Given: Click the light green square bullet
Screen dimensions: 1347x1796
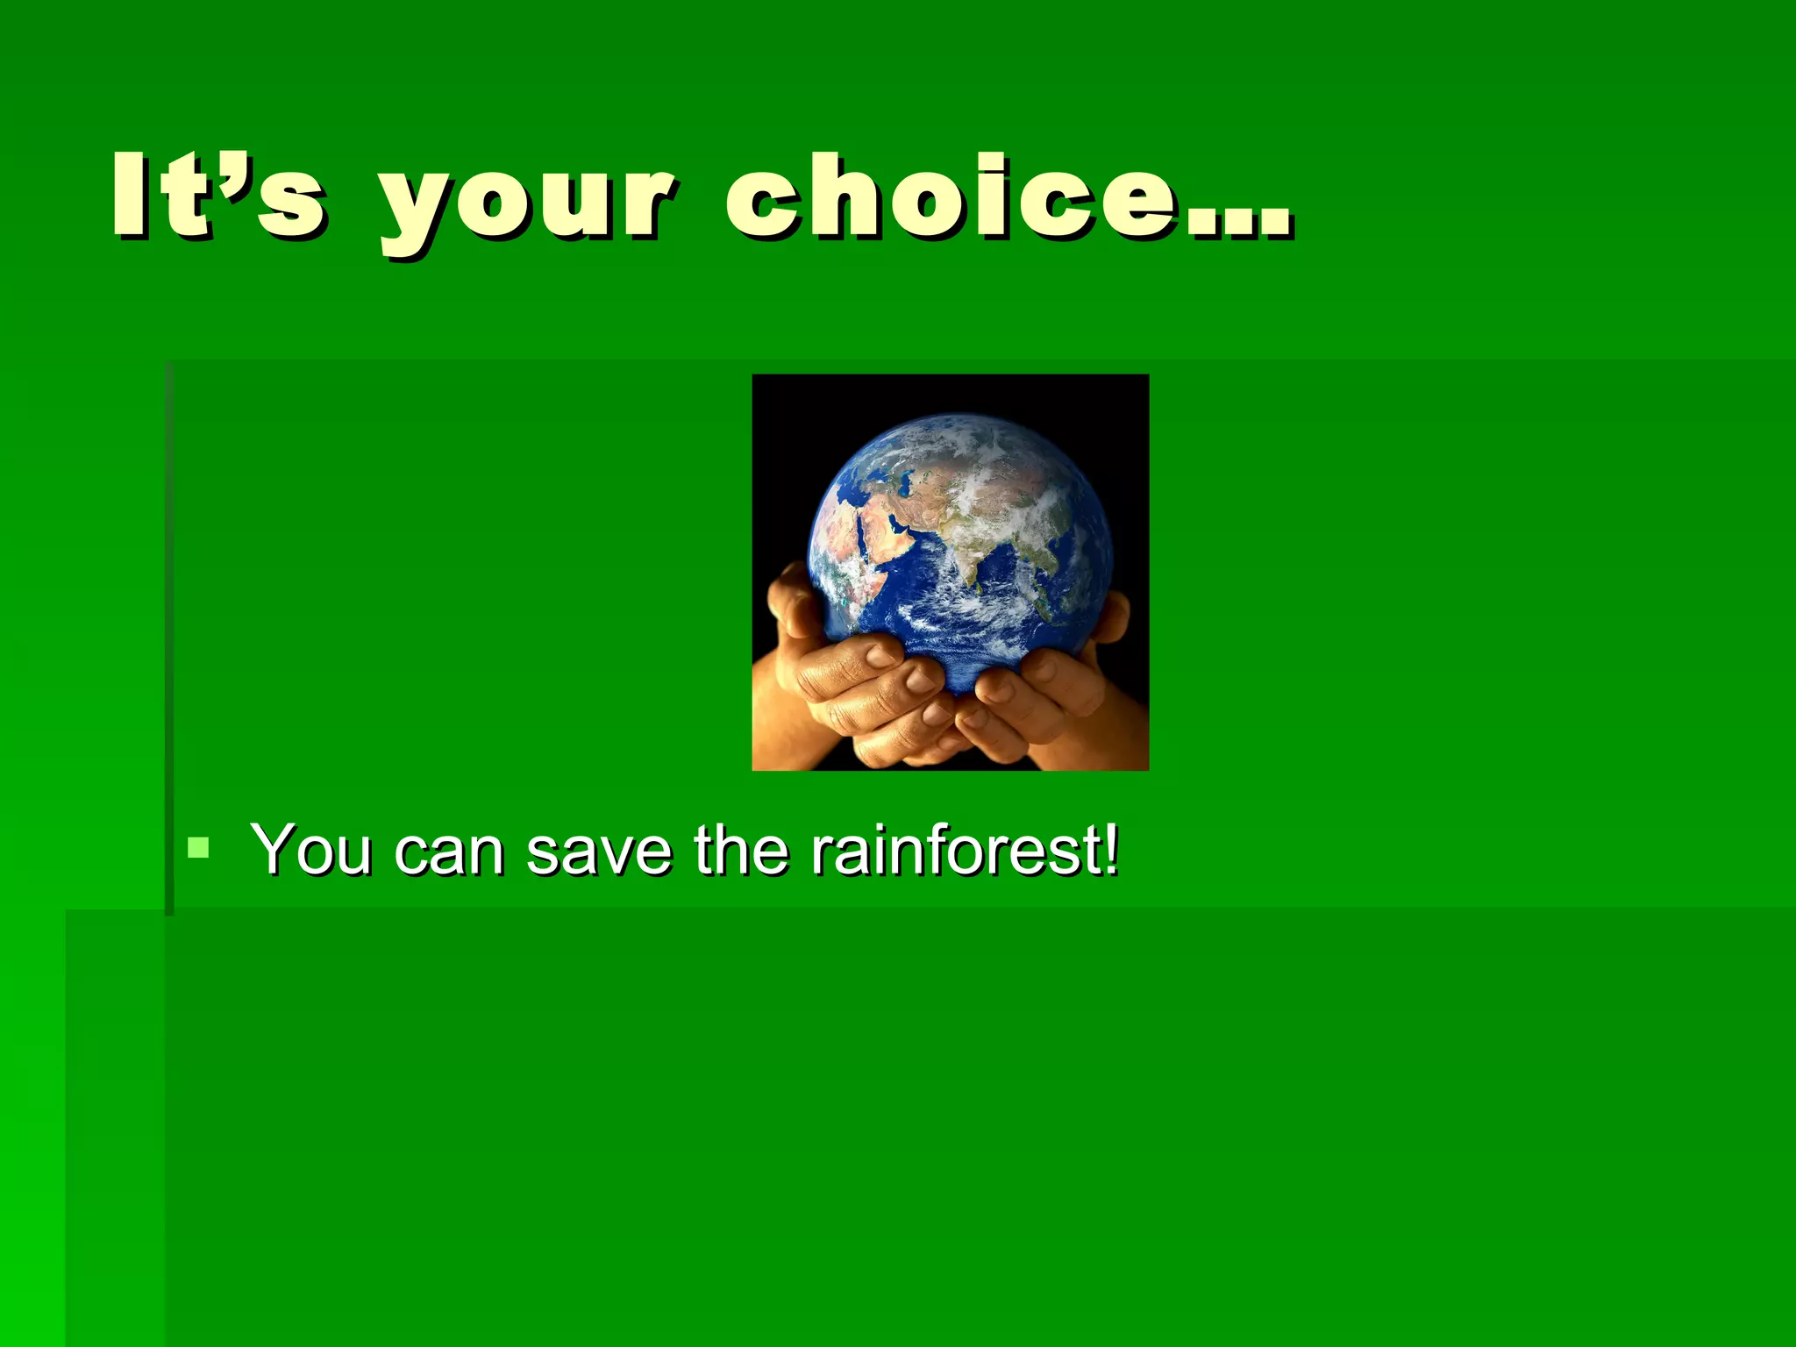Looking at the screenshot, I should [199, 847].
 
